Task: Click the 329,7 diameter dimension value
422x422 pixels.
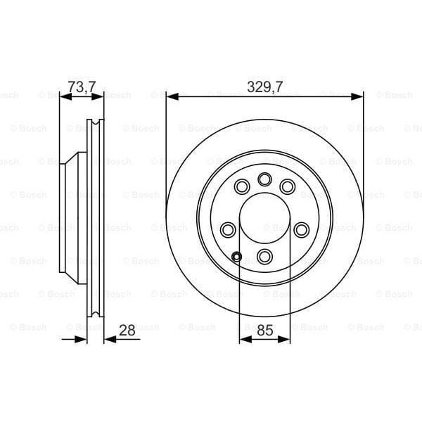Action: [x=264, y=87]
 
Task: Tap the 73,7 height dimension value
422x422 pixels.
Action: [x=81, y=87]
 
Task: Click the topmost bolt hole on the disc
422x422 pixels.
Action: [x=264, y=179]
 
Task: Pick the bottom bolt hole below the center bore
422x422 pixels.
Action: [x=264, y=255]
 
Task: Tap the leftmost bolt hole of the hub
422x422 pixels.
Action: [x=228, y=229]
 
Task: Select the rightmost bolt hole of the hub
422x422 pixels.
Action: [x=301, y=229]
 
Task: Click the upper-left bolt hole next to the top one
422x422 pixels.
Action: [x=242, y=186]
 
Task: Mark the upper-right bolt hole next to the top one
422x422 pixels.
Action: [x=287, y=186]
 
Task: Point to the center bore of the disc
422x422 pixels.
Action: [x=264, y=218]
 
